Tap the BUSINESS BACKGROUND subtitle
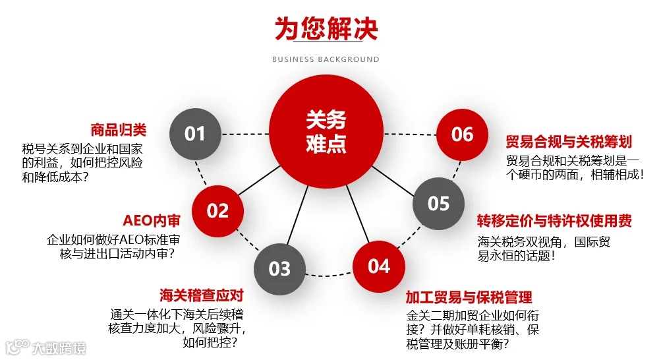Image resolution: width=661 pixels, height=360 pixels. pyautogui.click(x=326, y=59)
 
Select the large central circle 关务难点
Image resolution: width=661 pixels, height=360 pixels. pyautogui.click(x=326, y=131)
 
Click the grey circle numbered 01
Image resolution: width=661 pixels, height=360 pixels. pyautogui.click(x=195, y=134)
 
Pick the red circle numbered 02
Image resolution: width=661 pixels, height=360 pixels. pyautogui.click(x=217, y=211)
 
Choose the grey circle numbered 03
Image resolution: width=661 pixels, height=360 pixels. pyautogui.click(x=280, y=268)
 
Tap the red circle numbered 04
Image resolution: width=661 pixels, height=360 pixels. pyautogui.click(x=379, y=266)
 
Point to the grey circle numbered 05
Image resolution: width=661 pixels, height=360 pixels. pyautogui.click(x=438, y=203)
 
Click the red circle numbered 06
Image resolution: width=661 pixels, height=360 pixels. pyautogui.click(x=463, y=135)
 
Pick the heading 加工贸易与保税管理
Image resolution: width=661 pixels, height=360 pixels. pyautogui.click(x=469, y=297)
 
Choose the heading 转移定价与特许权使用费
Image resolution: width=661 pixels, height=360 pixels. pyautogui.click(x=554, y=221)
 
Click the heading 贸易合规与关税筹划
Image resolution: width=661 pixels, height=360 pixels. pyautogui.click(x=569, y=141)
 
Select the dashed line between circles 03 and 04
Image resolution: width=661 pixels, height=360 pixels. pyautogui.click(x=330, y=274)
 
